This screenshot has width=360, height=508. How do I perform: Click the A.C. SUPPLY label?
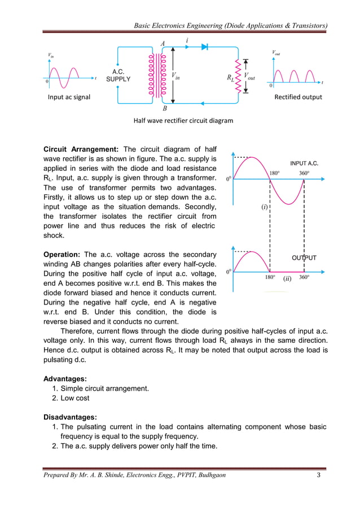[x=118, y=76]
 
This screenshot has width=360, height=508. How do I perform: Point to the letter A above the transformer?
[x=163, y=43]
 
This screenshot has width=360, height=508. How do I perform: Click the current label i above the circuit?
[x=187, y=41]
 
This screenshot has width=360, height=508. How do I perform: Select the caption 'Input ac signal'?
[x=69, y=97]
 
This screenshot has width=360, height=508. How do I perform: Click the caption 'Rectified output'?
[x=298, y=97]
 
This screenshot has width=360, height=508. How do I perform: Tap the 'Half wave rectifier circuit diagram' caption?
[x=183, y=120]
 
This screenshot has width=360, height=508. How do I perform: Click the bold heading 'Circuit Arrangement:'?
[x=81, y=149]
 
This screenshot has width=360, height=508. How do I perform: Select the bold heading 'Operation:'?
[x=64, y=254]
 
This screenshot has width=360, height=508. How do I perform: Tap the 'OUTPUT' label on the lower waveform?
[x=304, y=258]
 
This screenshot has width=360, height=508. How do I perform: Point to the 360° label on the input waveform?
[x=304, y=173]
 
